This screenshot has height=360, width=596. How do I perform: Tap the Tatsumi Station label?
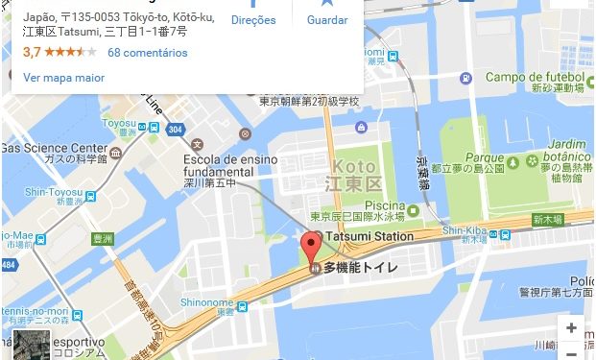370,236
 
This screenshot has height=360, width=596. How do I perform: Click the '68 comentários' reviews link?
148,52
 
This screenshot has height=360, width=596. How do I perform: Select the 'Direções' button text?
254,19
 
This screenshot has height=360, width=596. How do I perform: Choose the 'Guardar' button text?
327,19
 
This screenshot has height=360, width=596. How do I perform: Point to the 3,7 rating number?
33,52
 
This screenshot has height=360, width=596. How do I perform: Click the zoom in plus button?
571,327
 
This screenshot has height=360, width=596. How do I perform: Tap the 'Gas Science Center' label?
54,148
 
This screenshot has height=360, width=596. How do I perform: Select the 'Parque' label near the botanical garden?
457,156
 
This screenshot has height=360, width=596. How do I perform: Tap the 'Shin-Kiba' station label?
465,230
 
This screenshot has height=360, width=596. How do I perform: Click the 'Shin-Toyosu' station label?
41,191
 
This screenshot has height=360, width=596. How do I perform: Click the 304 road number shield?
174,129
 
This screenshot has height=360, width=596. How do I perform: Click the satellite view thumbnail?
32,346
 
